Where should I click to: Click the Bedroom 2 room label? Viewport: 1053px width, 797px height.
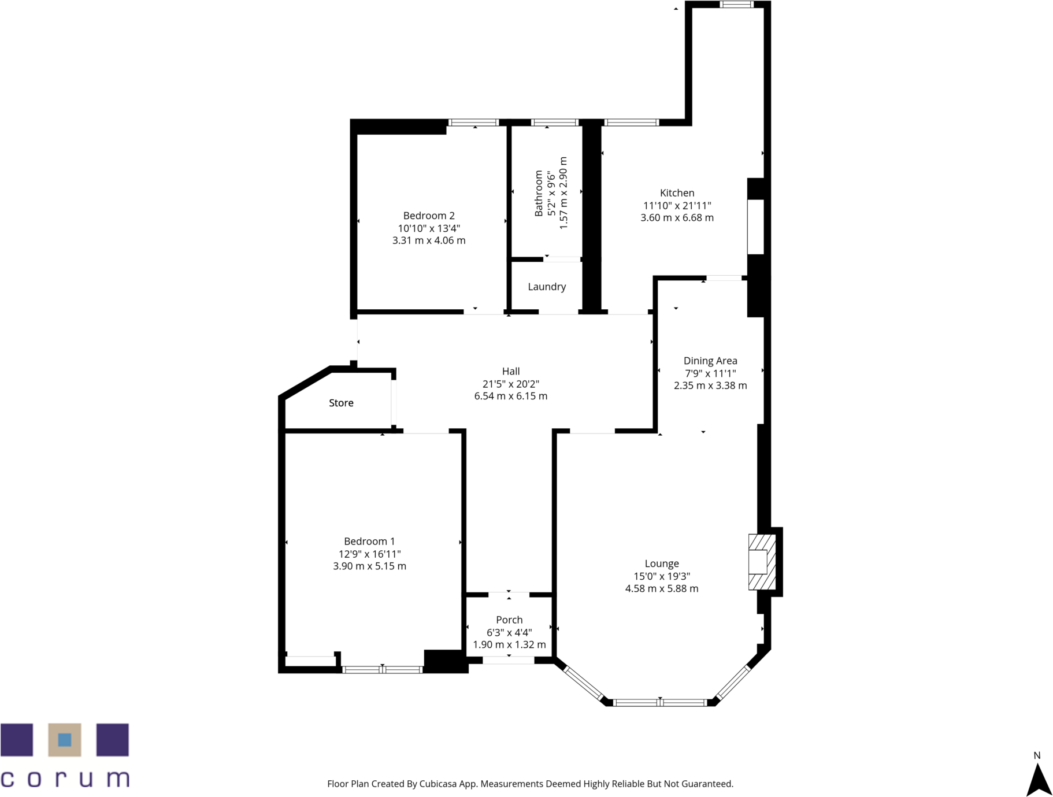coord(429,216)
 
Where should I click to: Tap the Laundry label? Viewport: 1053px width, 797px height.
coord(547,287)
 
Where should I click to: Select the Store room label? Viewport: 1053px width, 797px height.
coord(341,403)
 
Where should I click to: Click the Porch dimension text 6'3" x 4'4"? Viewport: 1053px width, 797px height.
coord(509,632)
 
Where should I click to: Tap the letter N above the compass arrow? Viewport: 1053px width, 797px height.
coord(1037,755)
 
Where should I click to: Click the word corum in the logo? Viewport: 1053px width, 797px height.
coord(65,778)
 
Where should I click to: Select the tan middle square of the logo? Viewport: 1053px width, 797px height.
coord(65,740)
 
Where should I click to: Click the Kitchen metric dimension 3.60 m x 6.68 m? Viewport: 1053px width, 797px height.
coord(677,218)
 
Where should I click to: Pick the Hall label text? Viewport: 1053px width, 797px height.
coord(511,371)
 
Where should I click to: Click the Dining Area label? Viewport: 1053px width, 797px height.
coord(710,361)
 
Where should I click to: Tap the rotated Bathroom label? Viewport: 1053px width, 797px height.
coord(539,193)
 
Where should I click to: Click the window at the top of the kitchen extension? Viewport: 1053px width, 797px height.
coord(736,5)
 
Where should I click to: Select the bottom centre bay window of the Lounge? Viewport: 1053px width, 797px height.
coord(660,703)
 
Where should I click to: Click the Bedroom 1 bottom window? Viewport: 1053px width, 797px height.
coord(382,670)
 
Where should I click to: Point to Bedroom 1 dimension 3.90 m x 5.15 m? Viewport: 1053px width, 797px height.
coord(369,566)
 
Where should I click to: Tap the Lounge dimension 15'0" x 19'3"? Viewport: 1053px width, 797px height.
coord(662,576)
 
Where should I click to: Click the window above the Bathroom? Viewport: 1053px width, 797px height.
coord(555,123)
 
